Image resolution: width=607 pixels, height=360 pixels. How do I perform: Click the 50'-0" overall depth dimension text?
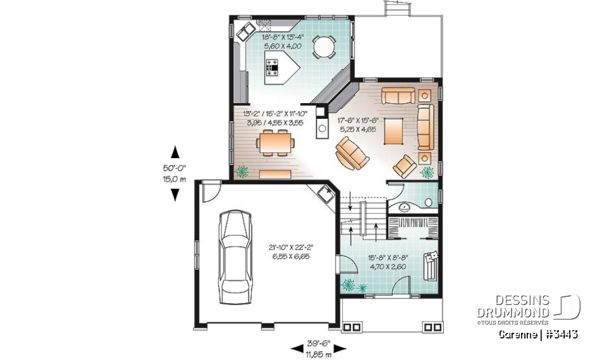[x=175, y=168]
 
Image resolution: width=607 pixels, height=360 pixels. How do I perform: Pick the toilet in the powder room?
[x=429, y=202]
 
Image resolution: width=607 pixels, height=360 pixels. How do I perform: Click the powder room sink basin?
[x=405, y=206]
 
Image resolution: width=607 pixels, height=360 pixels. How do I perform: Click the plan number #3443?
[x=561, y=333]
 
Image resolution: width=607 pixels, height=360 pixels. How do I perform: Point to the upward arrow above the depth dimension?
[x=175, y=152]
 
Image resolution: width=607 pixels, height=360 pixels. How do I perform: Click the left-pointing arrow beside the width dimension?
[x=296, y=347]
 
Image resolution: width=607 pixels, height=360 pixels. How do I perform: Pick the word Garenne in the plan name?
[x=517, y=333]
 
